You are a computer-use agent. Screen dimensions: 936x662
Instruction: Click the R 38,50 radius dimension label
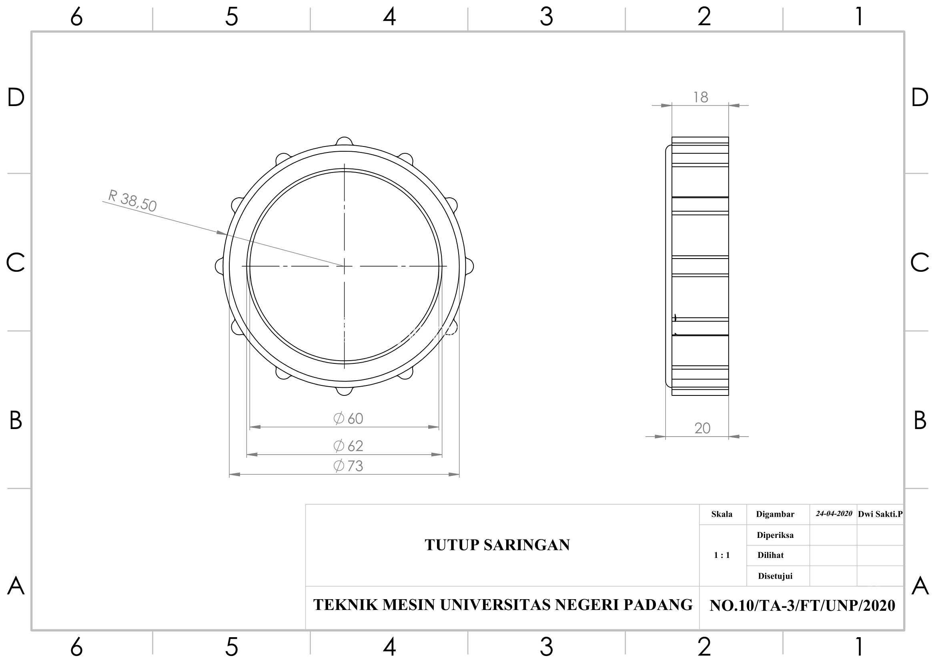pyautogui.click(x=132, y=201)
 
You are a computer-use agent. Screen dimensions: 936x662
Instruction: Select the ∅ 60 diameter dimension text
pyautogui.click(x=348, y=419)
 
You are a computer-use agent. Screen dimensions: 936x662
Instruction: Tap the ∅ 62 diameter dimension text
pyautogui.click(x=348, y=446)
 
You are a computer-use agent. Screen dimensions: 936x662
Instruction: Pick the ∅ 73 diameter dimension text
pyautogui.click(x=348, y=466)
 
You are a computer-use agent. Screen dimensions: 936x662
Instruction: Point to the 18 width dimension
pyautogui.click(x=701, y=97)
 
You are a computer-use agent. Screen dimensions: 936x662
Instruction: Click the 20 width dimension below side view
pyautogui.click(x=702, y=428)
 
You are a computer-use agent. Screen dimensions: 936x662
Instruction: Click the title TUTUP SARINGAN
pyautogui.click(x=497, y=545)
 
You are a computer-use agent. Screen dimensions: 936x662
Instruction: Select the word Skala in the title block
pyautogui.click(x=722, y=514)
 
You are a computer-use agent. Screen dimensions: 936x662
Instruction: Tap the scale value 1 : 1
pyautogui.click(x=722, y=555)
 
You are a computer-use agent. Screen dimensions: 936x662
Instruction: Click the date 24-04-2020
pyautogui.click(x=834, y=514)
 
